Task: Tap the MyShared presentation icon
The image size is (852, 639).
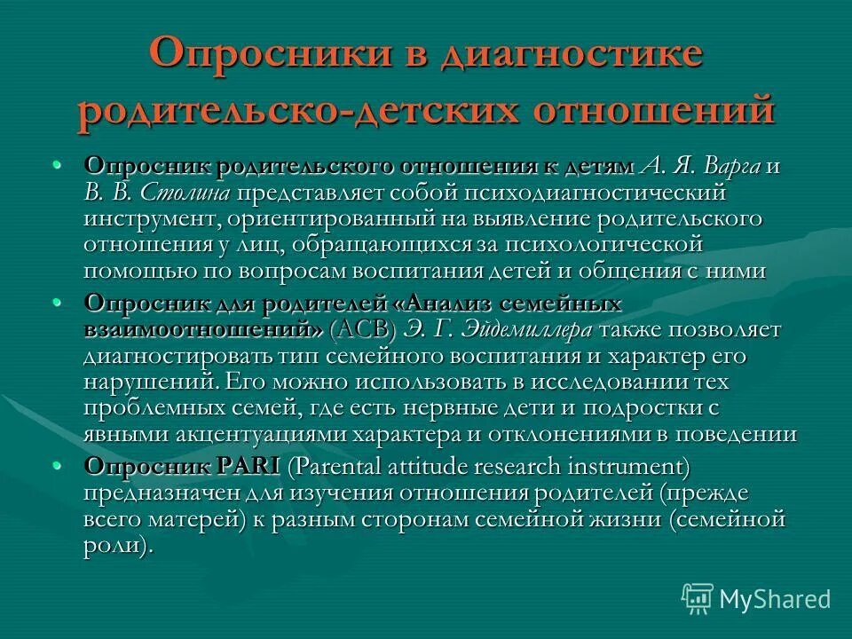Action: pos(698,598)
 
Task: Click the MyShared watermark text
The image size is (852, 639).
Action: pos(775,599)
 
